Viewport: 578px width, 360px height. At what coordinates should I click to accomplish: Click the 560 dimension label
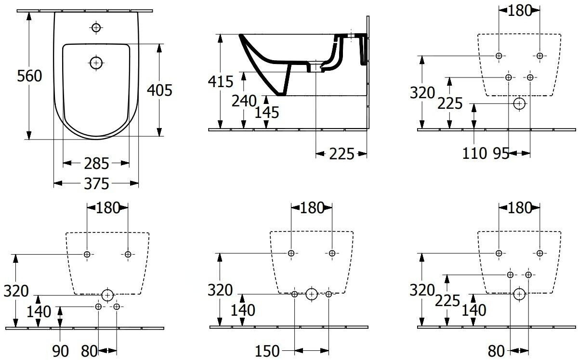point(29,76)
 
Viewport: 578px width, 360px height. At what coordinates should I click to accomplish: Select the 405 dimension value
point(159,90)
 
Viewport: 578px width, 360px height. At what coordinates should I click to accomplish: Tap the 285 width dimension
point(96,164)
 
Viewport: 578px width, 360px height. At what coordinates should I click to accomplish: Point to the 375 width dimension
point(96,184)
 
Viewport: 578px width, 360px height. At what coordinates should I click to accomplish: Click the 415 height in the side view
point(221,81)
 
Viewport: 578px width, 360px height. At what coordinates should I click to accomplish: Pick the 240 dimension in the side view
point(244,101)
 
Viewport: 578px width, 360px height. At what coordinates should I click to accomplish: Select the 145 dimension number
point(267,113)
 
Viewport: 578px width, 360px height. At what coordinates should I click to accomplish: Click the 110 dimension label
point(474,154)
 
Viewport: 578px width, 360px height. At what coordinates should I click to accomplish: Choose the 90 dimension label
point(60,351)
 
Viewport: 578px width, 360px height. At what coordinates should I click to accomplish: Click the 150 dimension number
point(267,351)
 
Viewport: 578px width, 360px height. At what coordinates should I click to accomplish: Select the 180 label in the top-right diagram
point(519,11)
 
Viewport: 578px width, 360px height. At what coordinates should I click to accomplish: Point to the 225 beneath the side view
point(342,154)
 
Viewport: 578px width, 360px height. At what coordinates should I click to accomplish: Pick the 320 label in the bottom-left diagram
point(16,291)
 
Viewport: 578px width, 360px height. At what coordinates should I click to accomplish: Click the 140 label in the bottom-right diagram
point(474,310)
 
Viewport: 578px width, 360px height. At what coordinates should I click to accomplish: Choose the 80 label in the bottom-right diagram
point(496,351)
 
